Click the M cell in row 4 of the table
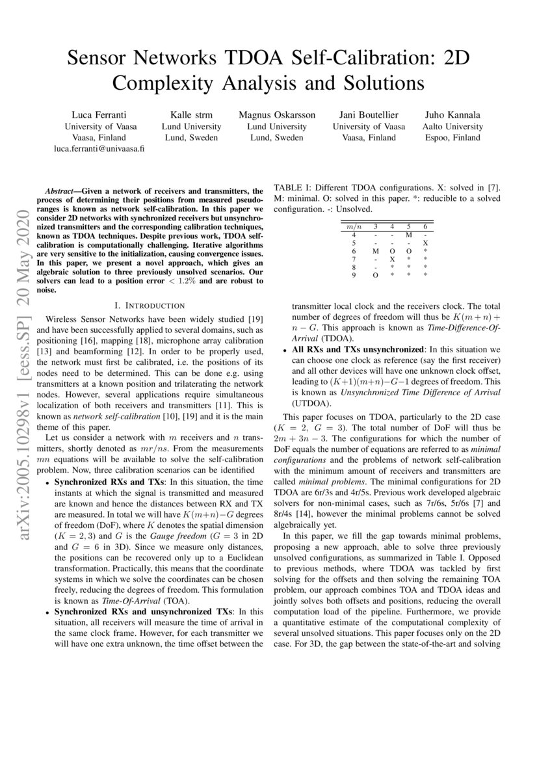tap(408, 234)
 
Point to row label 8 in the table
tap(354, 267)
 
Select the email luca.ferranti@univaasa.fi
tap(99, 148)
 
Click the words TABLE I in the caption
tap(291, 188)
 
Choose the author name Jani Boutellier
tap(369, 115)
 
